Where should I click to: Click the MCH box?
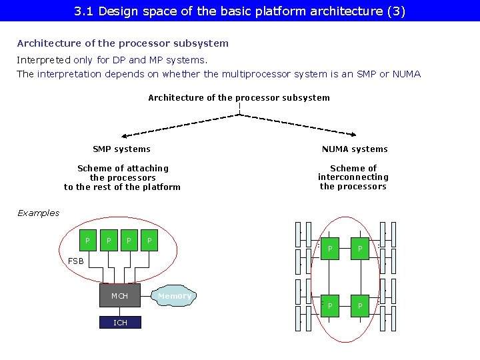(x=120, y=295)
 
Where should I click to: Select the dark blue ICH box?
(x=120, y=323)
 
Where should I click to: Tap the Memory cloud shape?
(x=174, y=296)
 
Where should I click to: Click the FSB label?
(x=76, y=261)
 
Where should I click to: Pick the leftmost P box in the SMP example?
(x=87, y=240)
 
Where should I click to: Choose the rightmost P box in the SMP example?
(x=149, y=240)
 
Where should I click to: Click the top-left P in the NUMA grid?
(x=330, y=249)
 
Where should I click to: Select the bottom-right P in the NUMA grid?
(x=360, y=306)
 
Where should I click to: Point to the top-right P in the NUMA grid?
(x=360, y=249)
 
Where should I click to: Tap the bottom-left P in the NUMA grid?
(x=330, y=306)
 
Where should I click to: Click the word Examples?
(x=38, y=213)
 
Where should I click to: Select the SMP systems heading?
(x=121, y=149)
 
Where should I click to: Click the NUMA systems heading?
(x=355, y=149)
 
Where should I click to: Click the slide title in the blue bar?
(x=240, y=11)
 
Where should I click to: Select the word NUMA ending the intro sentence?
(x=407, y=74)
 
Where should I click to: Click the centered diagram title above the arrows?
(x=239, y=98)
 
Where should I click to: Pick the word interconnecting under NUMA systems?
(x=353, y=177)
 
